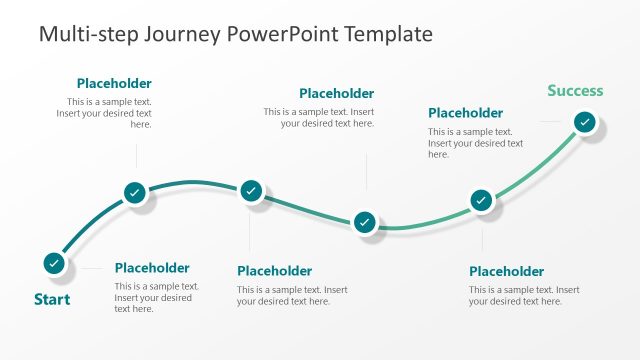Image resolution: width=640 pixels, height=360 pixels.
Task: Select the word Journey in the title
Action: click(x=178, y=34)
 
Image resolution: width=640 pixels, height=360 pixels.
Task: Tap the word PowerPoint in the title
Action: click(x=283, y=34)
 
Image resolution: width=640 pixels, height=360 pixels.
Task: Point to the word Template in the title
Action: click(x=387, y=34)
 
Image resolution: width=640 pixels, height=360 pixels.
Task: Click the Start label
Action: click(x=52, y=299)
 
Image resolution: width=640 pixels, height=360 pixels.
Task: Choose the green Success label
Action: click(x=575, y=91)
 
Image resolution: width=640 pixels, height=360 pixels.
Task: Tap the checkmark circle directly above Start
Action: click(x=54, y=263)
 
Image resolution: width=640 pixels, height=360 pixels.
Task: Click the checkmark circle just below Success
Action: click(x=585, y=122)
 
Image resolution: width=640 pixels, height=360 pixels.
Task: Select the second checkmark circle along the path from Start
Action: click(x=136, y=193)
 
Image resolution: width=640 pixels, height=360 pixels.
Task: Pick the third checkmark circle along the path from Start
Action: click(x=251, y=190)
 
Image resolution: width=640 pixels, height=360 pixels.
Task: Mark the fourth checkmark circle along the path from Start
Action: click(x=366, y=222)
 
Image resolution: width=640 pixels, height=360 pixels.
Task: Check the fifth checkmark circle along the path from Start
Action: click(x=481, y=200)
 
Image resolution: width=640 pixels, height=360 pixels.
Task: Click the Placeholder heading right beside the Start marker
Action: click(x=152, y=268)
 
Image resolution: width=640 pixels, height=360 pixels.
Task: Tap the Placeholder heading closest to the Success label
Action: click(x=465, y=113)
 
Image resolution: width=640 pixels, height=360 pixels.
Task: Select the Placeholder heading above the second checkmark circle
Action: click(x=114, y=84)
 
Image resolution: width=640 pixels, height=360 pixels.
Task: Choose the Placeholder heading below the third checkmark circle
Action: click(x=274, y=271)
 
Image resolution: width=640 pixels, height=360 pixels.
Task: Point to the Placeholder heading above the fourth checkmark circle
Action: click(x=336, y=94)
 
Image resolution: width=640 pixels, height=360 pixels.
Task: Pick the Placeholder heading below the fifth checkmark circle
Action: click(x=506, y=271)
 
